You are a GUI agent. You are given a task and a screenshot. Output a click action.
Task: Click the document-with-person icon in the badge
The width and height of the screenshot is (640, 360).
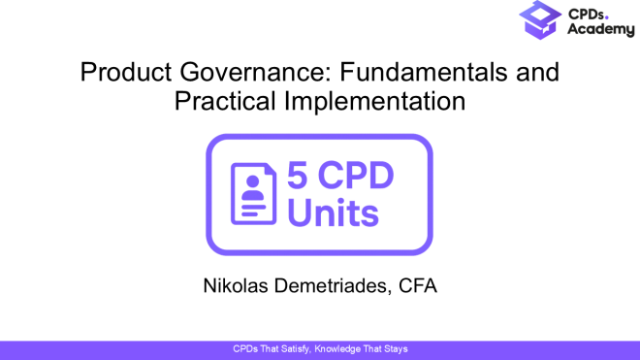pos(252,194)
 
